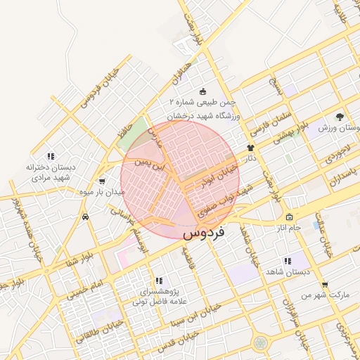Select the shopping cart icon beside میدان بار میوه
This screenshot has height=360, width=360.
(103, 181)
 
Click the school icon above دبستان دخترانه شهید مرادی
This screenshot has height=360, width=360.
(50, 155)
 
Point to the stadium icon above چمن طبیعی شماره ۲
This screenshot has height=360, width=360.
(203, 91)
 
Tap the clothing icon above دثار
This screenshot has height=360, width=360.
(250, 148)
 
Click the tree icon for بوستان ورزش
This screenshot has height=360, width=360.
(340, 116)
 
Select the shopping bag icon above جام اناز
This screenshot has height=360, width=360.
(289, 217)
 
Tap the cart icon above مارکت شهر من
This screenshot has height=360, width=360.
(324, 285)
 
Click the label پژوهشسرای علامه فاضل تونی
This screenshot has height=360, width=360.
(158, 296)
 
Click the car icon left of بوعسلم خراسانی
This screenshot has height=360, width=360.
(85, 217)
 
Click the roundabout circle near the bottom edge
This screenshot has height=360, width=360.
(261, 343)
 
